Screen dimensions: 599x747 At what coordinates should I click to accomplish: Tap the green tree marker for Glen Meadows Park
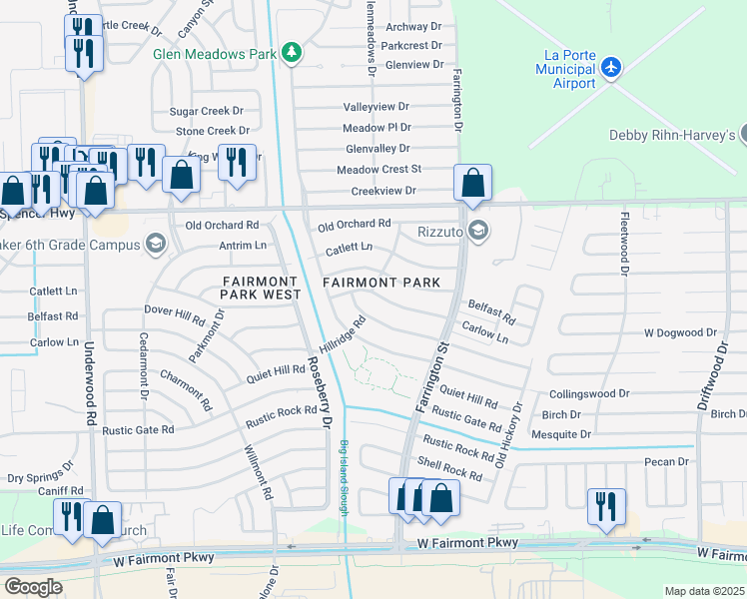292,52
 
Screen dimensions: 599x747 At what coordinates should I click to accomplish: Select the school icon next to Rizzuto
477,232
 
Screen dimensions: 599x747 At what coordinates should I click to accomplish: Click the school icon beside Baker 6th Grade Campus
155,243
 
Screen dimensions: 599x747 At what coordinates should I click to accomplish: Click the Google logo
34,586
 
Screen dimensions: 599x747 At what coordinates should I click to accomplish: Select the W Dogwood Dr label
681,331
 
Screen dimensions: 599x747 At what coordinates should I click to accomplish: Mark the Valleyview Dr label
376,106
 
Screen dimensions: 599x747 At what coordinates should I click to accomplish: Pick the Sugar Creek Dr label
207,111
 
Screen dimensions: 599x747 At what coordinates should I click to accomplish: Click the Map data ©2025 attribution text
704,591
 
